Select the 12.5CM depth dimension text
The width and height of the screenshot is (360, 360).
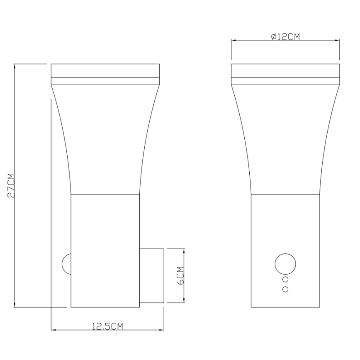(107, 326)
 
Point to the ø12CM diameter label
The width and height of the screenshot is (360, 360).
(285, 37)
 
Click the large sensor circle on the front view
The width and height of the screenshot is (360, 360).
(285, 263)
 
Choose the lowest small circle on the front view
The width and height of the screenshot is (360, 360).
(285, 289)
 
